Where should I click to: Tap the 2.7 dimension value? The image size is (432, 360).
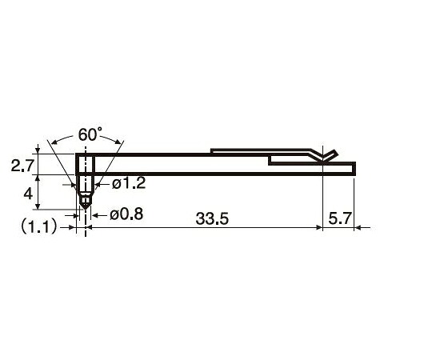22,166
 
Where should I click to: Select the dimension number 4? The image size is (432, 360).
28,194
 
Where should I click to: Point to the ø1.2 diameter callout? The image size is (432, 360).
129,183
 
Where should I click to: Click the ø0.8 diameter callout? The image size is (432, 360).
126,214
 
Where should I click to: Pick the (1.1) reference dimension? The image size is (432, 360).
39,227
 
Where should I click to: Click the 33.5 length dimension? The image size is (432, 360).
212,219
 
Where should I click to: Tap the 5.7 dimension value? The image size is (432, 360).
340,219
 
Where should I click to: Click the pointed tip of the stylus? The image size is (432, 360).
86,209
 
